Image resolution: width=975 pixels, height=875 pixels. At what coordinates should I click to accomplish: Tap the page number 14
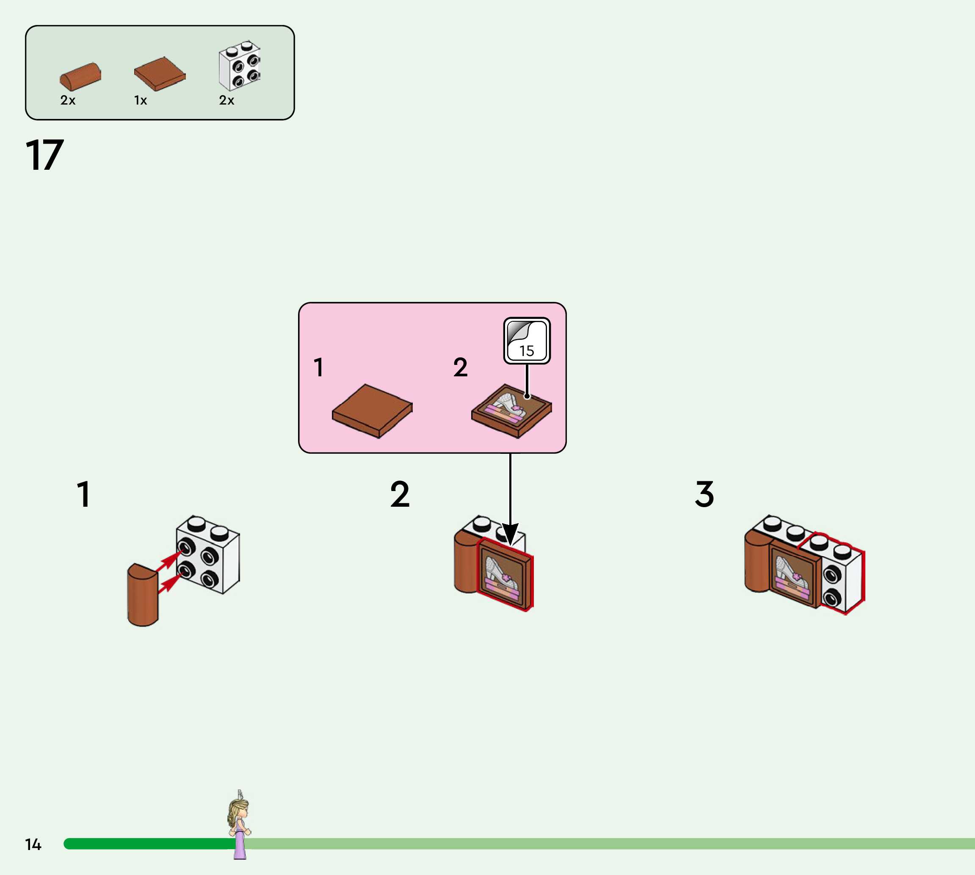coord(33,844)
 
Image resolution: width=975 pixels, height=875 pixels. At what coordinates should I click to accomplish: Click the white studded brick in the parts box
coord(240,65)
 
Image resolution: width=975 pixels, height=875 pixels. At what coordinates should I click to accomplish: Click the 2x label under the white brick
coord(226,100)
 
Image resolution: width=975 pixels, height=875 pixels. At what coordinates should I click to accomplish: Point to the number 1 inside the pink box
coord(318,367)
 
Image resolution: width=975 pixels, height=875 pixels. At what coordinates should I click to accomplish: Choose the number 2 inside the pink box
coord(460,367)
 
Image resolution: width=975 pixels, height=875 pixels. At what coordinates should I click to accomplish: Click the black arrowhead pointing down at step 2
coord(510,534)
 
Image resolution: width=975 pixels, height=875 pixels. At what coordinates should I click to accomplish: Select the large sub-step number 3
coord(704,494)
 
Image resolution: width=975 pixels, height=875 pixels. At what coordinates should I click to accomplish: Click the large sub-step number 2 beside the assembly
coord(400,494)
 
